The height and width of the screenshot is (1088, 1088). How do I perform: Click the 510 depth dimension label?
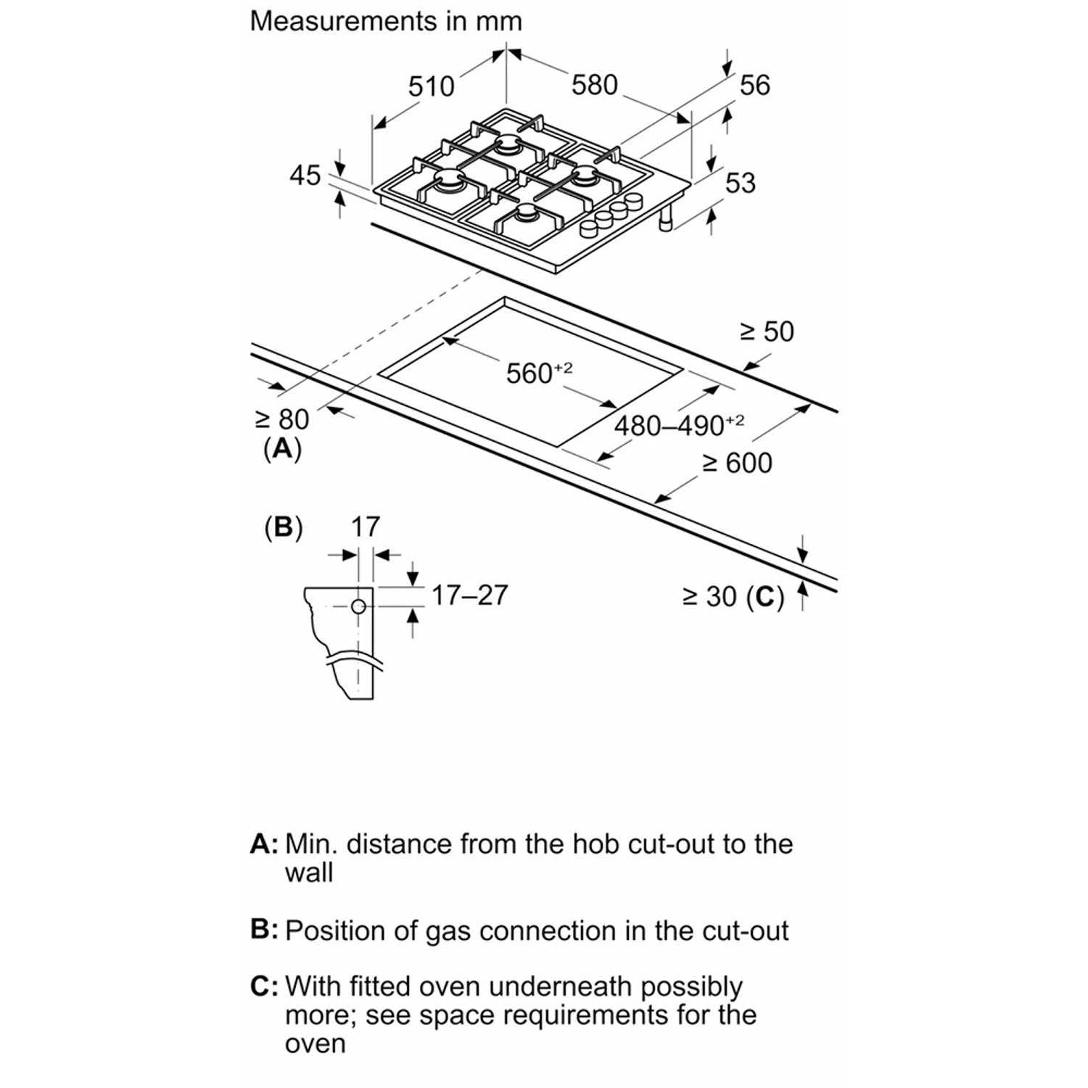click(431, 86)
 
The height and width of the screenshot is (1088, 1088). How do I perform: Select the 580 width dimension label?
click(595, 85)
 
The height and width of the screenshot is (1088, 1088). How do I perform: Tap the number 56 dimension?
click(754, 85)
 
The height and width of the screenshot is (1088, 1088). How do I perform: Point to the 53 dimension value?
click(741, 183)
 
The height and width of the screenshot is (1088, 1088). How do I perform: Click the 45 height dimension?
click(305, 176)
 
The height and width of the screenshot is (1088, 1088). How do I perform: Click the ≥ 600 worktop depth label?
click(737, 463)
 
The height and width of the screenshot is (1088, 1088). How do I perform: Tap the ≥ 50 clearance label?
click(767, 331)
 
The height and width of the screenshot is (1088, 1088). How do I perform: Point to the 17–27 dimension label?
click(469, 595)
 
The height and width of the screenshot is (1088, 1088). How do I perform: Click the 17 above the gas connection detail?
click(366, 526)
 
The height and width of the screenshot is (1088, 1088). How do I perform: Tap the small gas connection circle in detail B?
click(358, 608)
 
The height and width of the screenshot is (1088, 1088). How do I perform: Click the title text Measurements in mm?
click(386, 21)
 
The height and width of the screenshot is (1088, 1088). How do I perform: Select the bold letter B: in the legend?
click(264, 930)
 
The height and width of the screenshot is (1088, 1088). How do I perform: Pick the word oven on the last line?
click(315, 1044)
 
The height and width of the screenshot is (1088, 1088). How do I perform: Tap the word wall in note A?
click(309, 872)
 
